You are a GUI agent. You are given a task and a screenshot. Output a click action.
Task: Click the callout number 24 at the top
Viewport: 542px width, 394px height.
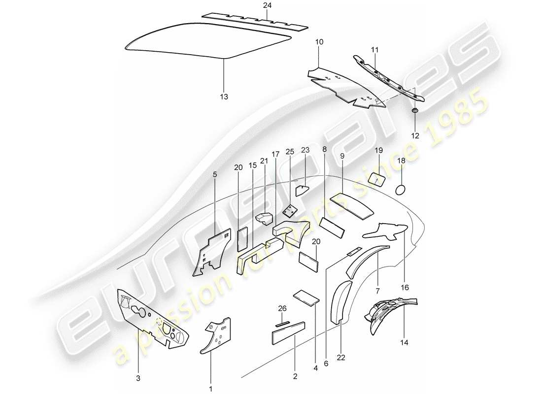tap(267, 5)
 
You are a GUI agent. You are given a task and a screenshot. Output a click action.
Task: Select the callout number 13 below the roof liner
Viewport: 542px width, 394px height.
tap(224, 97)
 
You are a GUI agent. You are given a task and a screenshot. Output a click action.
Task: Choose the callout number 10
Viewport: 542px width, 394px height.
tap(319, 42)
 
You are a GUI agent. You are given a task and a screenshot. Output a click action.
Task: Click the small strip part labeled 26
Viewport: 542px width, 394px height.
tap(283, 324)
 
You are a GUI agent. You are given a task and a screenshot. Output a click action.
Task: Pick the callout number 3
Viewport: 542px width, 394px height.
tap(138, 378)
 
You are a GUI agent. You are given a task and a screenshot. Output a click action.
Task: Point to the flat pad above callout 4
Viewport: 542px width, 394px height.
tap(306, 297)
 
